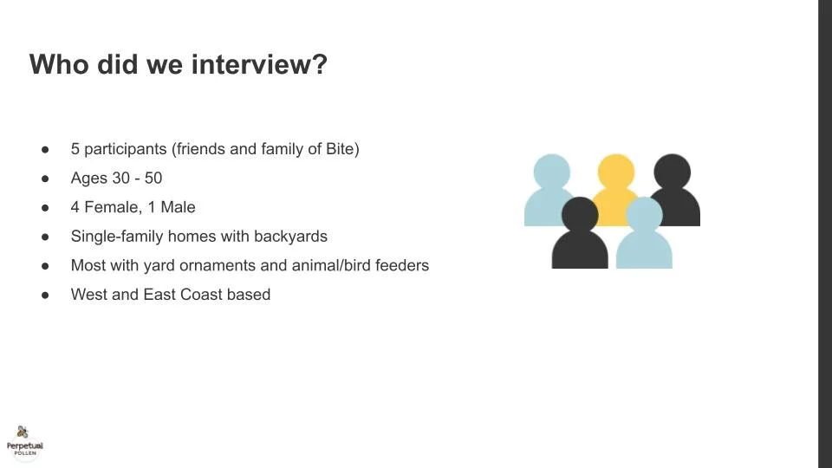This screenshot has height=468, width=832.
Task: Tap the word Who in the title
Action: [x=59, y=65]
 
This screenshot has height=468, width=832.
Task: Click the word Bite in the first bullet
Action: [x=340, y=149]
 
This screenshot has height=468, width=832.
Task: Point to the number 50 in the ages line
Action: [x=153, y=179]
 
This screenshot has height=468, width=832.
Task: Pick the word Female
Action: [x=109, y=207]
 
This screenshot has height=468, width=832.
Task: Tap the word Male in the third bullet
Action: [x=178, y=207]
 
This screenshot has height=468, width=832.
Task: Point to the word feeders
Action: [x=400, y=265]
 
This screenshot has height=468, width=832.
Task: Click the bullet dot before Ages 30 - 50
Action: [x=45, y=179]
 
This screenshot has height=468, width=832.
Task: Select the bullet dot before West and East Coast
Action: [x=45, y=295]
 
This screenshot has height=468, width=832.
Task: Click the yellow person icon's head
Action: [x=615, y=172]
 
